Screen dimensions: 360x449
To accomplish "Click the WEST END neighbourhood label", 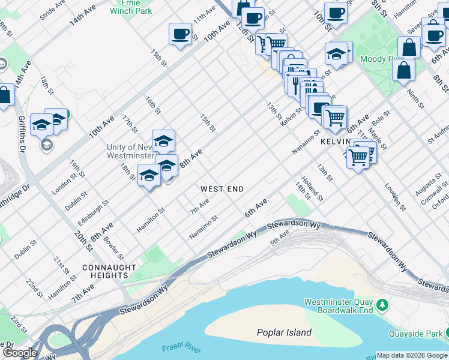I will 222,189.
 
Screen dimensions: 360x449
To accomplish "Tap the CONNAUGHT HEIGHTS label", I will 111,271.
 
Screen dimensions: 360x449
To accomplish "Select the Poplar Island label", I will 284,332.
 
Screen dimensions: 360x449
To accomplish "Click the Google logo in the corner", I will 19,353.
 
